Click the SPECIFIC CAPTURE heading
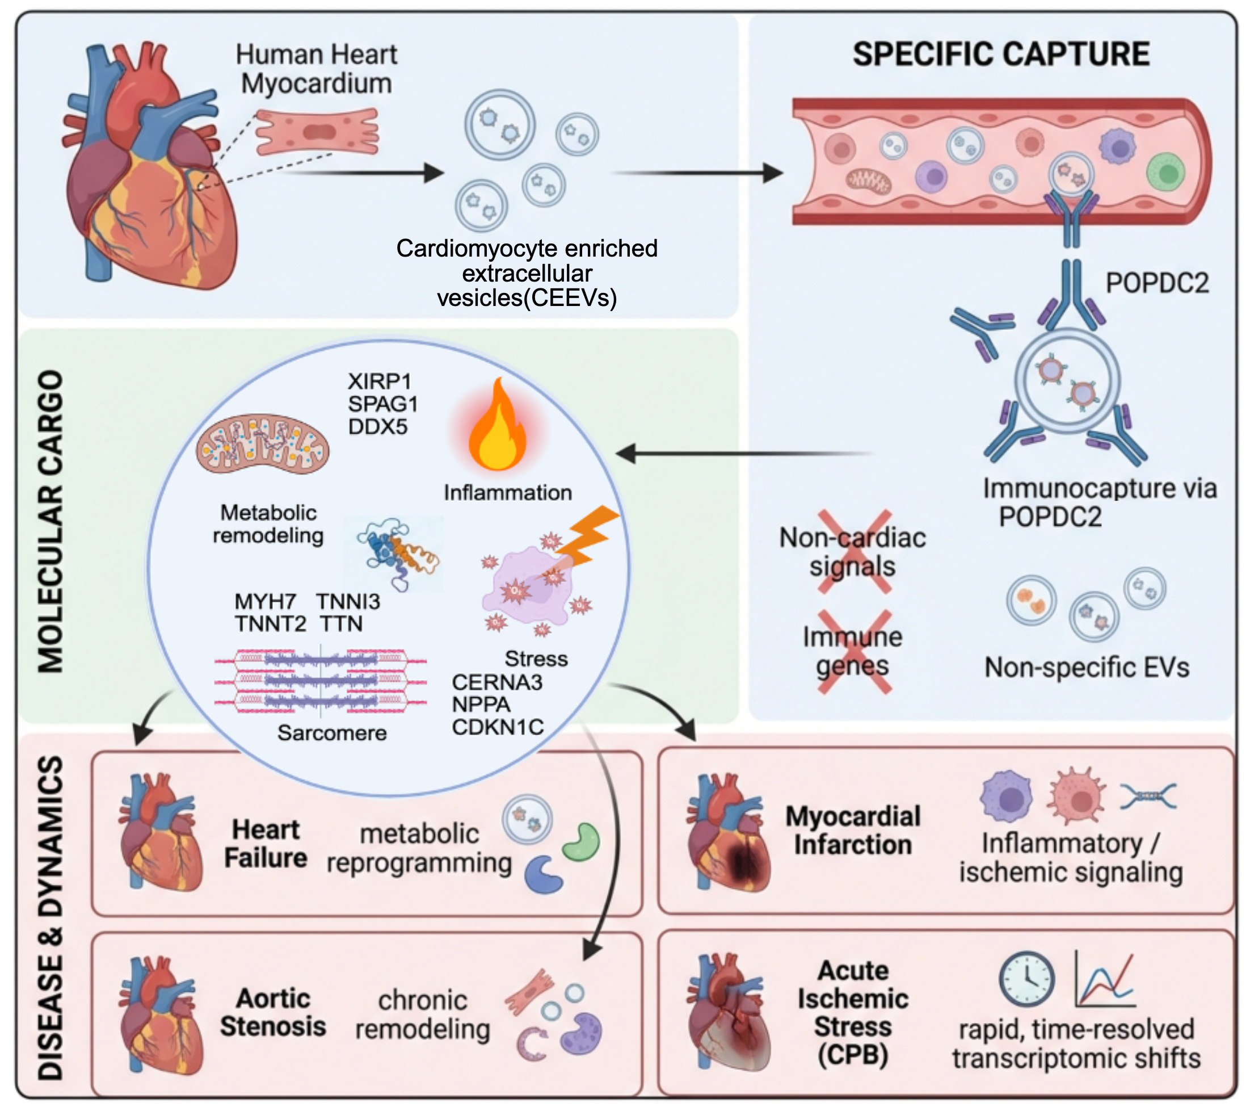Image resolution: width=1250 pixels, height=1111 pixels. tap(1000, 54)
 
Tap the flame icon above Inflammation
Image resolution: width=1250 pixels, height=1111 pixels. tap(496, 426)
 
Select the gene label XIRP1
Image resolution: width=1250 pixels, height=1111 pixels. tap(380, 381)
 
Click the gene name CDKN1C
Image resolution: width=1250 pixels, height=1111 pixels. tap(498, 727)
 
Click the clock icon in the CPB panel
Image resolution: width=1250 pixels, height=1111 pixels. tap(1027, 979)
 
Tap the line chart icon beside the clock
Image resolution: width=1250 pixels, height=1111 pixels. tap(1106, 979)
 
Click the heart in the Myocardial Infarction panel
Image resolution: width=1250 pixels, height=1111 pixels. tap(728, 832)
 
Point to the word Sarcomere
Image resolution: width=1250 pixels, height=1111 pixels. tap(332, 732)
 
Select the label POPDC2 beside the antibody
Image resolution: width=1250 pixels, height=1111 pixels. tap(1157, 283)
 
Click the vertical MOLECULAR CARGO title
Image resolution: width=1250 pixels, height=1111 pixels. tap(50, 521)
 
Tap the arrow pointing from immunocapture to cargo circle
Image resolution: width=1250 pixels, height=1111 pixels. tap(745, 454)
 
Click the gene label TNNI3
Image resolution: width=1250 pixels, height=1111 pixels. tap(348, 601)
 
